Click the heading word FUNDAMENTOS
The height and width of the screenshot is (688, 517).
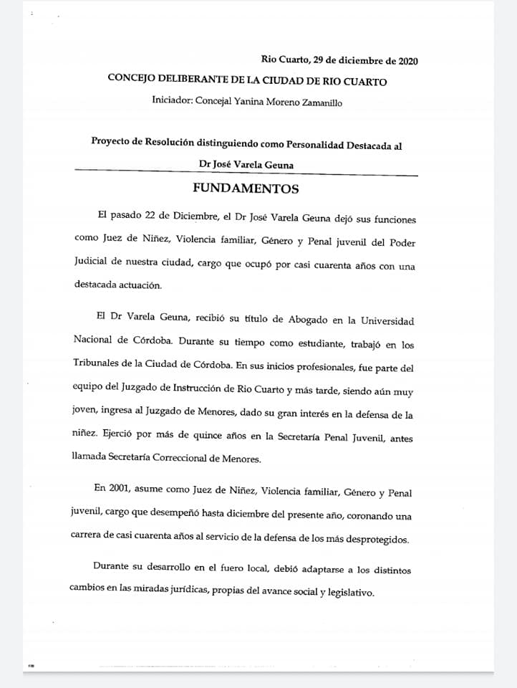[246, 190]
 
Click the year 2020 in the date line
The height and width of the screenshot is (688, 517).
[404, 60]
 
